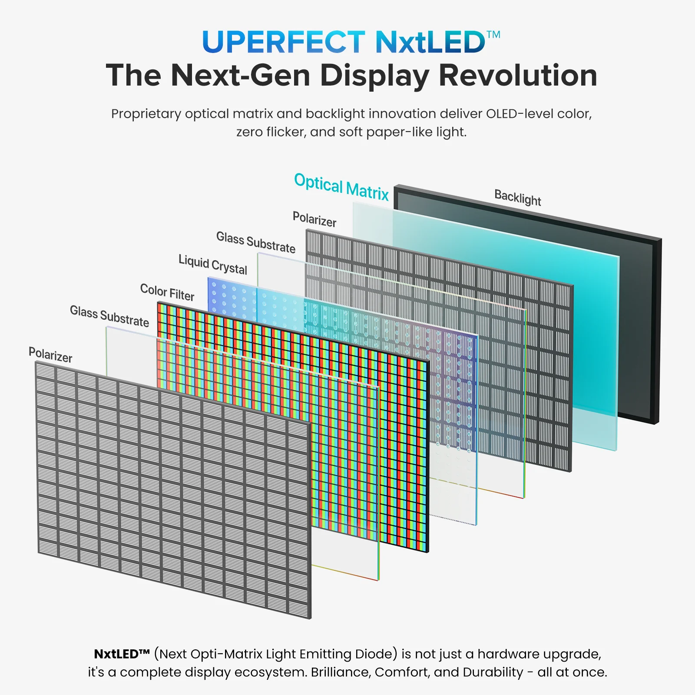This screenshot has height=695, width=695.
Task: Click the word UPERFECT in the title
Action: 284,43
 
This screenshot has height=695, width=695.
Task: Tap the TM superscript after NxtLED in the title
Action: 493,34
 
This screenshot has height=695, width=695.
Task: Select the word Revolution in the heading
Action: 518,75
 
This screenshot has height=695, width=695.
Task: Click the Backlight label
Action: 518,197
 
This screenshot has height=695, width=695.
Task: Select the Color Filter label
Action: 167,292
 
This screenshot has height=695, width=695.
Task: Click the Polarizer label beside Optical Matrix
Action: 314,219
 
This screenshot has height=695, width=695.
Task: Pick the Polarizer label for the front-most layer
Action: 50,355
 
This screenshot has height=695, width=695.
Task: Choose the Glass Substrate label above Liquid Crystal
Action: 256,242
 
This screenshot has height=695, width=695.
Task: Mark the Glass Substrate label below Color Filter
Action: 109,316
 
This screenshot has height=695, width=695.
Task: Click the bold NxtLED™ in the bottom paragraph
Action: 122,654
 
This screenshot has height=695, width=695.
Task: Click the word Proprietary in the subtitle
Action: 146,114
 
